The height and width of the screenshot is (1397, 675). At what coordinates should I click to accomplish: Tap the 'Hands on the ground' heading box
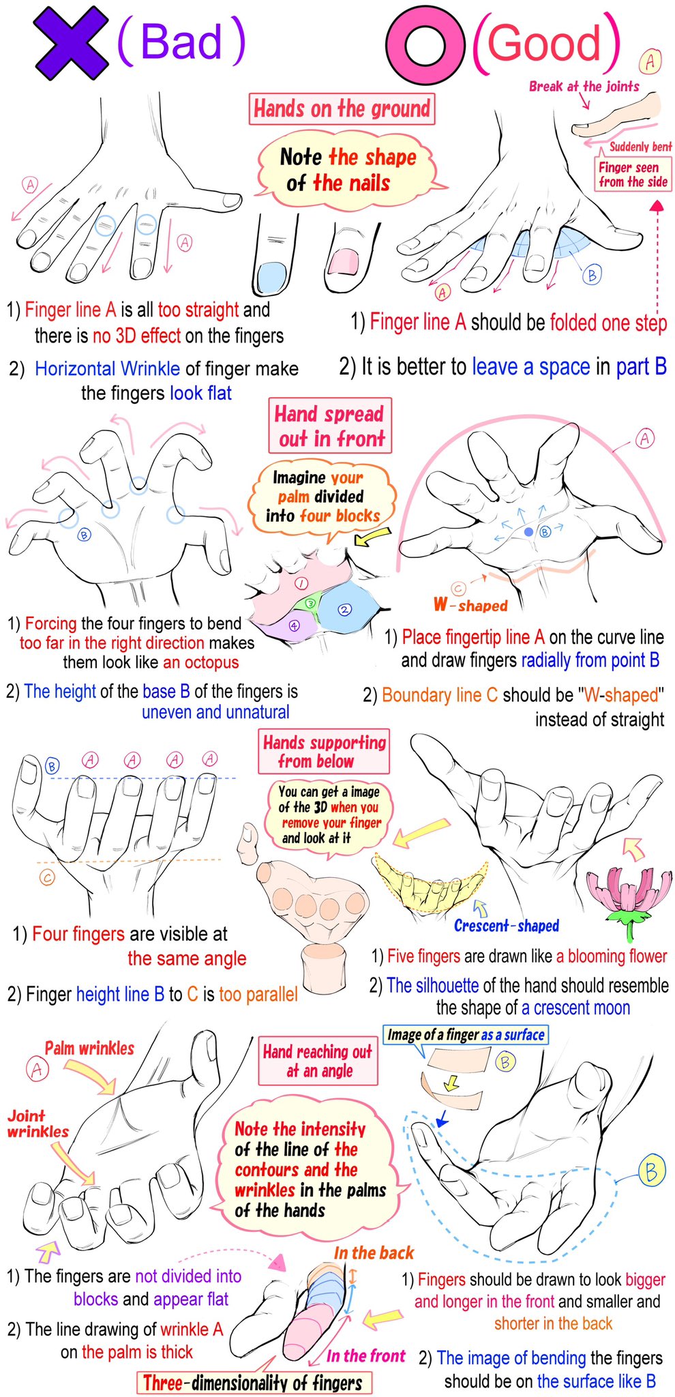click(342, 108)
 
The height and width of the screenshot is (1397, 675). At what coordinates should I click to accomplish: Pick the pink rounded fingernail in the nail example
click(342, 262)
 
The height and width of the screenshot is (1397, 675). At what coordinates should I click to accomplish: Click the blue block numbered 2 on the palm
click(346, 608)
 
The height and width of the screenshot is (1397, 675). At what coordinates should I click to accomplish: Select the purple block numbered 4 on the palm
click(294, 624)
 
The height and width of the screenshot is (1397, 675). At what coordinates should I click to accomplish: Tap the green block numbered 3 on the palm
click(310, 603)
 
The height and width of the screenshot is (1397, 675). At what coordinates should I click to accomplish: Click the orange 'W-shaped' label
click(470, 605)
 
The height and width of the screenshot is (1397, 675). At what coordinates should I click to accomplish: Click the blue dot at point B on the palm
click(528, 531)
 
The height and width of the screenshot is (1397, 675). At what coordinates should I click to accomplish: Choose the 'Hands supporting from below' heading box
click(325, 752)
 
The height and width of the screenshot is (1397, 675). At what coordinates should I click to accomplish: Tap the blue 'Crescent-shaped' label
click(506, 926)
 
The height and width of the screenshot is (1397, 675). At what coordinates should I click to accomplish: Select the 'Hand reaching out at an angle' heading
click(318, 1061)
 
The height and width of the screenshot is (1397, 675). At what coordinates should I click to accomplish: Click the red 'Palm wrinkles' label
click(89, 1048)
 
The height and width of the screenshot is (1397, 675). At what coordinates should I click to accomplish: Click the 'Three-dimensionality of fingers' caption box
click(254, 1383)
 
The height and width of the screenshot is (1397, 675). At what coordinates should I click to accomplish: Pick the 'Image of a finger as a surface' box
click(466, 1035)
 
